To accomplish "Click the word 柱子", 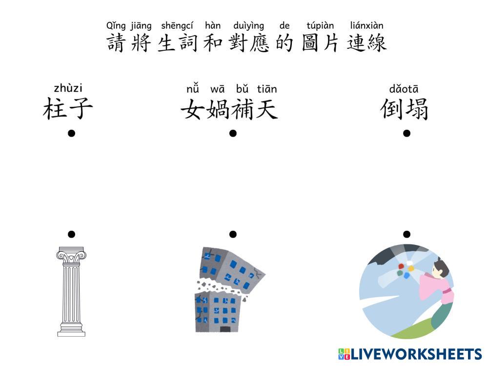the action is [x=68, y=109].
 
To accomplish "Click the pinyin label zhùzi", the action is [x=68, y=88].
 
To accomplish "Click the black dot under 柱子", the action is [x=71, y=133].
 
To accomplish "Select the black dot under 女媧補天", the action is [x=233, y=133].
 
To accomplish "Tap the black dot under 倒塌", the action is [x=407, y=133].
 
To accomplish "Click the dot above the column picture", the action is [x=71, y=234].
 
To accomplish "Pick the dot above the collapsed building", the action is [x=233, y=234].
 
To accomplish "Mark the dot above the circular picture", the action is [x=407, y=234].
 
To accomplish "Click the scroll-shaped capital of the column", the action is [x=71, y=254].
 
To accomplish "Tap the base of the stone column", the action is [x=71, y=333].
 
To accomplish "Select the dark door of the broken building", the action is [x=225, y=329].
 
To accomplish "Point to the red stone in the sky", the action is [x=401, y=266].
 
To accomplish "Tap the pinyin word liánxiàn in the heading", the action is [x=366, y=26].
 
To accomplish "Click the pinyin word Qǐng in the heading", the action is [x=115, y=26].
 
